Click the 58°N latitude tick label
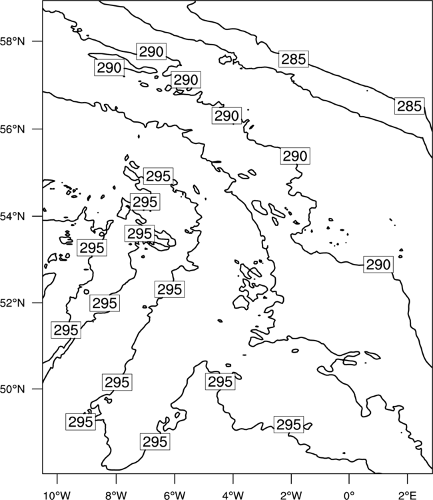[13, 41]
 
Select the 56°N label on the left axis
[13, 129]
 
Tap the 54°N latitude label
[13, 217]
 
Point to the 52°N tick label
[13, 303]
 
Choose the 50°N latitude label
[13, 389]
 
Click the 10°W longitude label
[57, 495]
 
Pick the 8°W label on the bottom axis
[116, 495]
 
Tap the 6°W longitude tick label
[175, 495]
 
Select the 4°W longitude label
[233, 495]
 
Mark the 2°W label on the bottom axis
[291, 495]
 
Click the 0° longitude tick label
[350, 495]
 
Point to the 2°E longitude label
[408, 495]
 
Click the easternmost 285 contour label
[410, 106]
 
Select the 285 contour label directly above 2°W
[294, 59]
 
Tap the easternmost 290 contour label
[378, 265]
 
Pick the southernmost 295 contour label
[155, 441]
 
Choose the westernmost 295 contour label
[66, 330]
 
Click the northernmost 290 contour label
[151, 51]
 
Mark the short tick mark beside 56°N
[37, 129]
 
